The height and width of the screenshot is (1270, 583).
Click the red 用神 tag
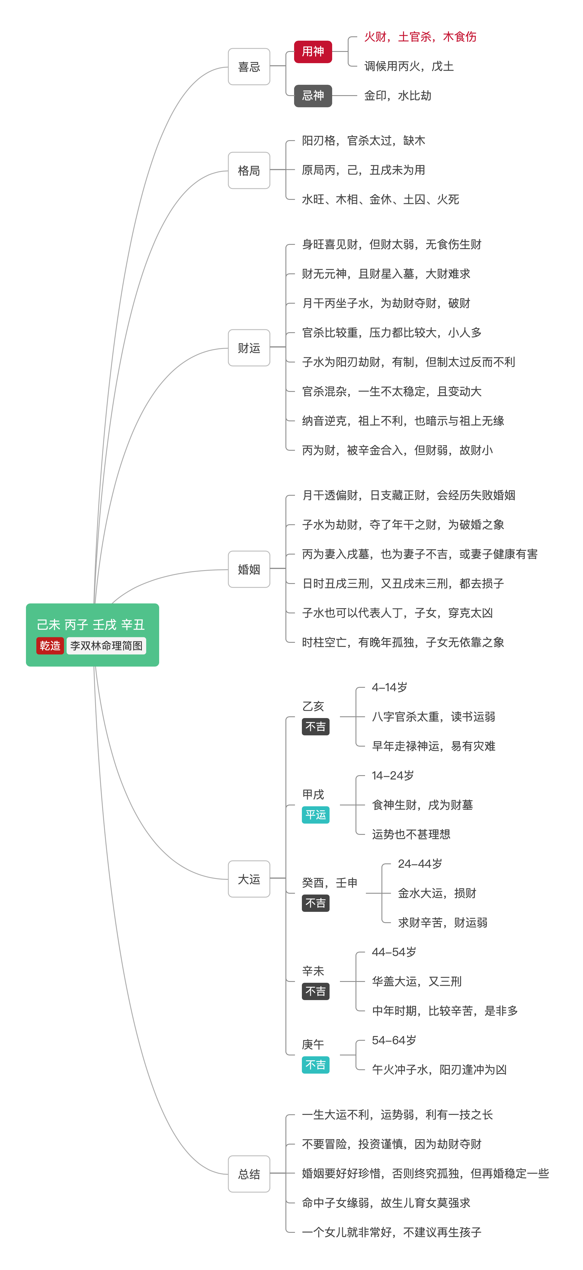(x=313, y=52)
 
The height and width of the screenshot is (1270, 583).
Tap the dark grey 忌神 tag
(x=313, y=96)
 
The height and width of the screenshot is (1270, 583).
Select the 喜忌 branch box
(x=249, y=67)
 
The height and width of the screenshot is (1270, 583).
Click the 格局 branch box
(x=249, y=171)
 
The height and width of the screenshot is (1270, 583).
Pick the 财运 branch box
(x=249, y=348)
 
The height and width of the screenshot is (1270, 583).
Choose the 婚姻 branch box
(x=249, y=570)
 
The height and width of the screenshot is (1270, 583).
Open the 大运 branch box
(x=249, y=879)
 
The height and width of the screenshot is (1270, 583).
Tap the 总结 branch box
(x=249, y=1174)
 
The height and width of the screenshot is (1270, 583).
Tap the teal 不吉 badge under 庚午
(x=315, y=1065)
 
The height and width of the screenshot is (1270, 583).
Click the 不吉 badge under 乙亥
(x=315, y=727)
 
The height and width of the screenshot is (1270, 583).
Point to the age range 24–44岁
(x=420, y=864)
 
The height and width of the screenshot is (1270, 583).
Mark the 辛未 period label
(x=313, y=971)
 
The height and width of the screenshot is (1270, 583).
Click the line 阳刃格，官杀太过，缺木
(x=364, y=140)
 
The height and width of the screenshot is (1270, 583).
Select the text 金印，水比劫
(x=398, y=96)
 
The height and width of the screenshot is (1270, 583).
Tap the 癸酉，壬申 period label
(x=330, y=883)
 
